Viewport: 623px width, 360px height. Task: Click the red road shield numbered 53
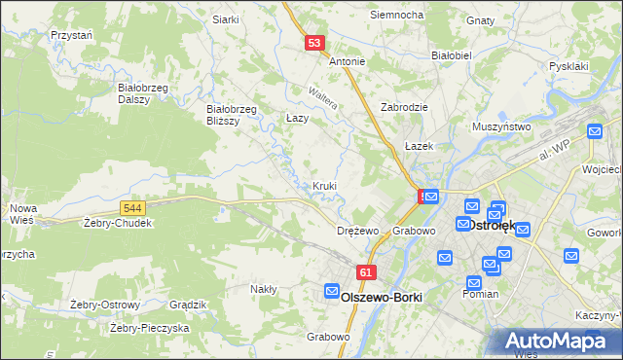(x=312, y=43)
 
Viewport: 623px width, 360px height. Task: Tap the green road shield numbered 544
(x=134, y=207)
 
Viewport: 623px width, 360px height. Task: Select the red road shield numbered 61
(x=366, y=275)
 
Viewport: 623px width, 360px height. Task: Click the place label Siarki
(x=225, y=19)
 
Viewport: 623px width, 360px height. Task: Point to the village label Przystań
(x=71, y=35)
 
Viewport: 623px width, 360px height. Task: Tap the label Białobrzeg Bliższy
(x=231, y=115)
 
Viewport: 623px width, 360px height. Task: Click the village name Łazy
(x=297, y=117)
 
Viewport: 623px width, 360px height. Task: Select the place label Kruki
(x=325, y=186)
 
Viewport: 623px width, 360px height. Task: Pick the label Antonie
(x=347, y=61)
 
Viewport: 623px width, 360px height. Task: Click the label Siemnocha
(x=396, y=16)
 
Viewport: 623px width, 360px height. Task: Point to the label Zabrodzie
(x=405, y=107)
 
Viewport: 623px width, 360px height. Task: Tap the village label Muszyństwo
(x=500, y=126)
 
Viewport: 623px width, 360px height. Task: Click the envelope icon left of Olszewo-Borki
(x=331, y=292)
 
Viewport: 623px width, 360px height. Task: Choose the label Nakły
(x=263, y=289)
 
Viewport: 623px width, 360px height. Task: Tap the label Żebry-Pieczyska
(x=149, y=328)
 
